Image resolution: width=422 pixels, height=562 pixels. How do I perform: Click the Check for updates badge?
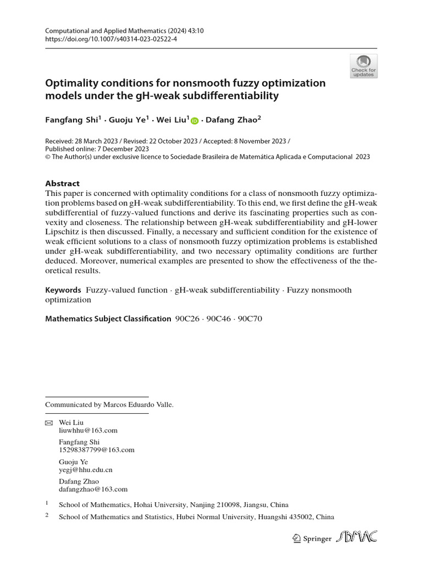coord(363,66)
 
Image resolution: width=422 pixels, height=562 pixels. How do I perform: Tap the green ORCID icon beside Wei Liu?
coord(195,121)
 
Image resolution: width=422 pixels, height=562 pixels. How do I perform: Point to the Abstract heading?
coord(62,184)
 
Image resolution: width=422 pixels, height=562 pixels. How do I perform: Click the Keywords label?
coord(63,289)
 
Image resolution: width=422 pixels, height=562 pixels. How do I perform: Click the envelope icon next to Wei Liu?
coord(48,423)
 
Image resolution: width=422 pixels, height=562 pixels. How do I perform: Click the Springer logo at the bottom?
coord(312,538)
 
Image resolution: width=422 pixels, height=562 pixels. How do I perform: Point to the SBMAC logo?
coord(358,537)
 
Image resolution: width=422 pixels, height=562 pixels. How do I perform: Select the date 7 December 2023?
coord(128,149)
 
